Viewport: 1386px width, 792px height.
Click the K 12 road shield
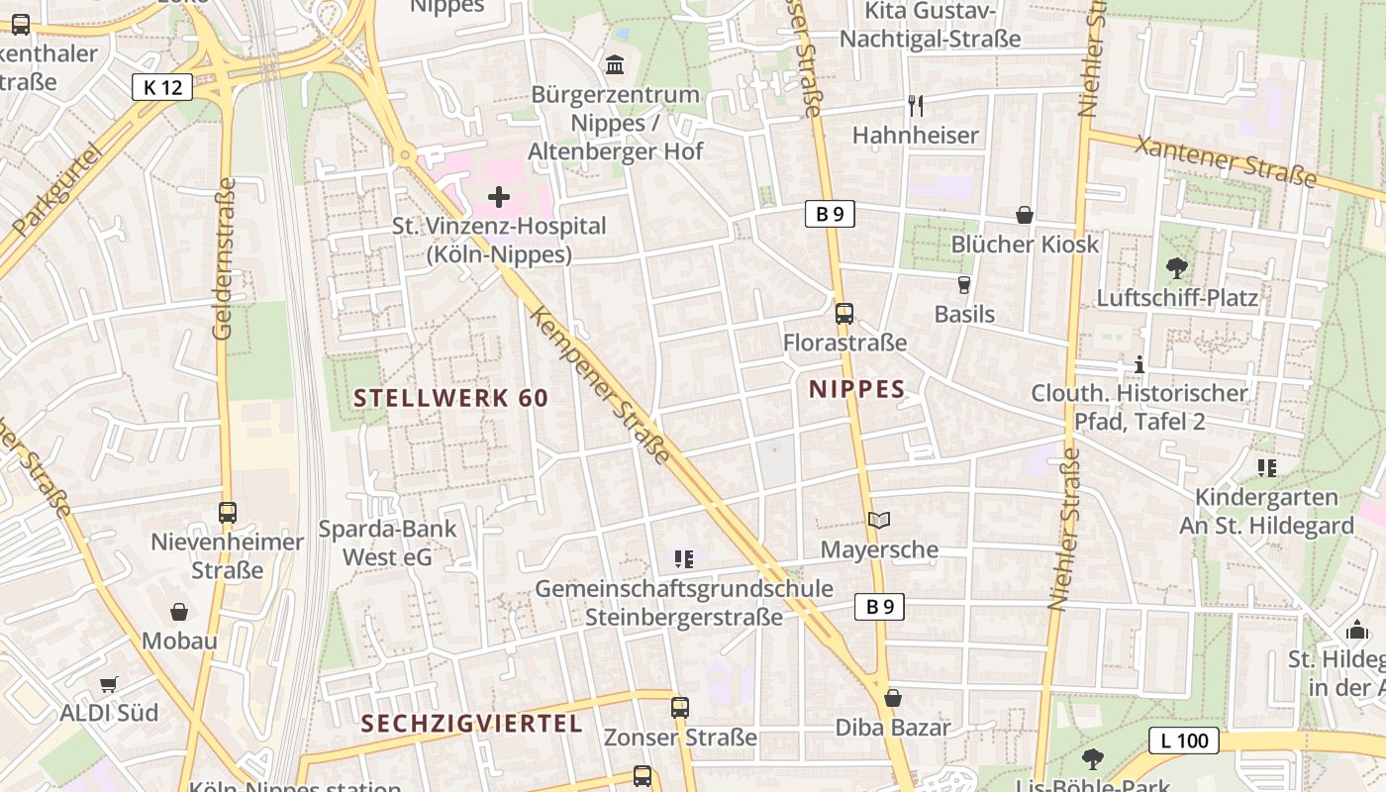(x=162, y=87)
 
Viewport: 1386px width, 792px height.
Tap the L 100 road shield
(x=1183, y=740)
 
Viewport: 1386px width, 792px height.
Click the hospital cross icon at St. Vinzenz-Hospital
(x=499, y=197)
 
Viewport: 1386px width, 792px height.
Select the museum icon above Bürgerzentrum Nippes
(x=615, y=65)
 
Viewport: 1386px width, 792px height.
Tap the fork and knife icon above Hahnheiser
(x=916, y=105)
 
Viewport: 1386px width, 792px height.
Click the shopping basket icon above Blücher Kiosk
(x=1025, y=215)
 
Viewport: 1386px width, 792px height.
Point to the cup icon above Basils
(x=964, y=285)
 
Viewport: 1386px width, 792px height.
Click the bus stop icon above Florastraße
(x=844, y=314)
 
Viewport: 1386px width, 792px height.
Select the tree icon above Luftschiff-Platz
(x=1177, y=268)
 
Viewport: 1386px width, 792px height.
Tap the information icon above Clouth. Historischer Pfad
(x=1139, y=364)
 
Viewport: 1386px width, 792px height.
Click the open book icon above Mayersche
(x=879, y=520)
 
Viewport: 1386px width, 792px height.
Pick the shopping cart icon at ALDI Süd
(x=109, y=684)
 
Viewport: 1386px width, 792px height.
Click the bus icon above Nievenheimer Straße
(x=228, y=513)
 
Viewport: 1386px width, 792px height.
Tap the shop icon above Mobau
(x=179, y=612)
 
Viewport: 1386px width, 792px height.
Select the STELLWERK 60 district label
(x=450, y=398)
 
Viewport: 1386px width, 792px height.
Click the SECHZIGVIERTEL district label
(x=471, y=724)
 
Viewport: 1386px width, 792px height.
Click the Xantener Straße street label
(x=1227, y=161)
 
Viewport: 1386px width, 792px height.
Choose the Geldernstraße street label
(x=225, y=258)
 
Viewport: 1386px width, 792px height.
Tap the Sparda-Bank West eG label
(x=387, y=543)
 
